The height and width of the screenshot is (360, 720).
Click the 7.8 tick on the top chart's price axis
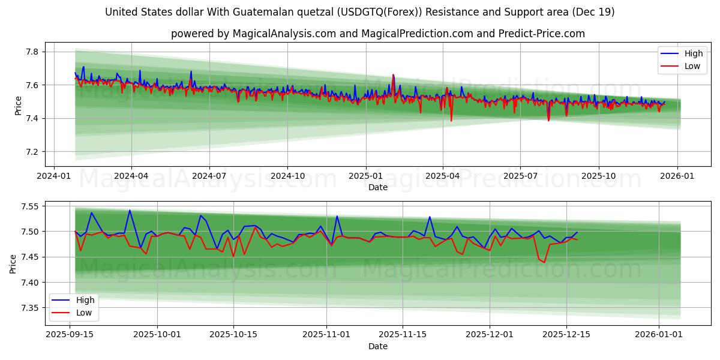31,52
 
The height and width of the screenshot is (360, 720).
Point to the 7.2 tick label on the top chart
31,152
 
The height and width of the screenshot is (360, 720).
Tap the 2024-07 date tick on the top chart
209,176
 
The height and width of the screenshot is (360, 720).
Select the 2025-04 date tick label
443,176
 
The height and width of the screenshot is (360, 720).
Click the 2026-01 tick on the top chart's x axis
677,176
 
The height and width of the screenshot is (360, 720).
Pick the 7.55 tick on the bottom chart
29,206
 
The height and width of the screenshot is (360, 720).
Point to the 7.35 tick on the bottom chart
29,308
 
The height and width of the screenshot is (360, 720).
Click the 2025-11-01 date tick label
326,335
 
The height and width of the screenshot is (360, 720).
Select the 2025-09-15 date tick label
70,335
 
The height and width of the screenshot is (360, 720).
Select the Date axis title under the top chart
378,187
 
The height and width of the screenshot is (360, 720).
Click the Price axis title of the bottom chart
13,263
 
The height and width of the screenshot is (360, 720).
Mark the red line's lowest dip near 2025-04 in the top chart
451,121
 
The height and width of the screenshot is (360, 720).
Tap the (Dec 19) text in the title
593,12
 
